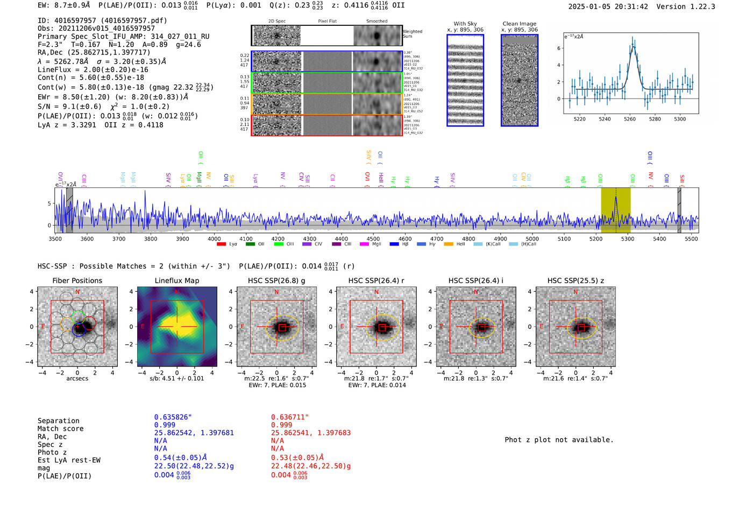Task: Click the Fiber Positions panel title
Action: [x=77, y=280]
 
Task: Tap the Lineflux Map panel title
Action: [x=176, y=280]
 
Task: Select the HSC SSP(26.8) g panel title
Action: [x=276, y=280]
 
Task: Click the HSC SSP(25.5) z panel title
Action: [x=576, y=280]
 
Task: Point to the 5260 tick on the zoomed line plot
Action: [x=630, y=119]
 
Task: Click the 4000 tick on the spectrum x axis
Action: [x=214, y=239]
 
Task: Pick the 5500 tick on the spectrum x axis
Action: [x=691, y=239]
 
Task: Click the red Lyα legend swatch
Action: [x=221, y=244]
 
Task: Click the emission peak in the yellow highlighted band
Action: [x=616, y=198]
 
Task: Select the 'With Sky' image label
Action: [x=465, y=24]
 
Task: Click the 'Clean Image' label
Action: [x=519, y=24]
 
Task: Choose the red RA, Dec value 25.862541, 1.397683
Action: [x=311, y=433]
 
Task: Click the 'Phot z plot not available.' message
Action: [x=559, y=440]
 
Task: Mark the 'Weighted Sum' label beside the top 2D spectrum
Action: [x=413, y=34]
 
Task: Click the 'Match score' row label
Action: [x=60, y=429]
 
